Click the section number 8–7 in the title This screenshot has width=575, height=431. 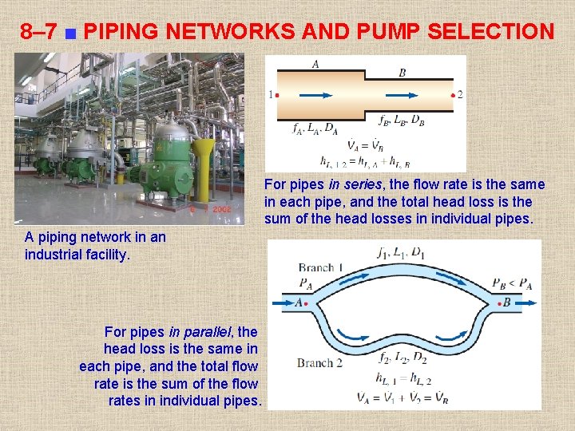pyautogui.click(x=38, y=32)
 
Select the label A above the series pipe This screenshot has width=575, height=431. pyautogui.click(x=315, y=65)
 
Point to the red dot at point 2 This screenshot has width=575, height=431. pyautogui.click(x=453, y=95)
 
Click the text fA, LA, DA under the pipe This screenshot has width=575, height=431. pyautogui.click(x=315, y=127)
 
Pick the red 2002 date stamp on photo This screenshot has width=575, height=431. pyautogui.click(x=221, y=208)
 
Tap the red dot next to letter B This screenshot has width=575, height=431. pyautogui.click(x=497, y=303)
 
